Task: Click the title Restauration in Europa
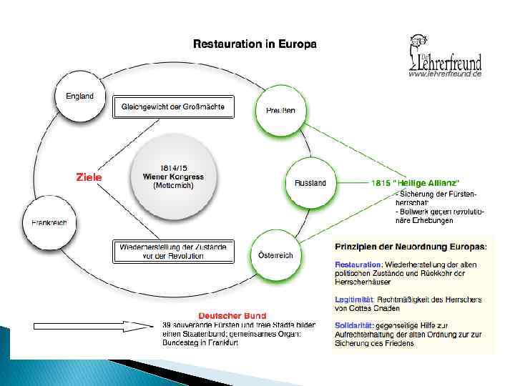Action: click(x=255, y=44)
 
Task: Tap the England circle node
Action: click(x=79, y=96)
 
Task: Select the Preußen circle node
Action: click(x=275, y=110)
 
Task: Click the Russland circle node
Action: click(x=310, y=183)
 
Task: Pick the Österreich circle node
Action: click(x=275, y=255)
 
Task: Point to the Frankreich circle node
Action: click(x=49, y=222)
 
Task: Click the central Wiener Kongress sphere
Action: click(x=169, y=177)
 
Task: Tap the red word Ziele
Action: click(x=89, y=177)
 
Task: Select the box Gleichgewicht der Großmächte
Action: click(x=173, y=107)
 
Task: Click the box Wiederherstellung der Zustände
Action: click(x=173, y=252)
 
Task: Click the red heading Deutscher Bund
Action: click(x=232, y=315)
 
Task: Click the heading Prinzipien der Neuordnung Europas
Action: click(x=411, y=247)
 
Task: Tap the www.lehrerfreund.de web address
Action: click(x=445, y=74)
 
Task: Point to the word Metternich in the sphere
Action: click(x=173, y=185)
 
